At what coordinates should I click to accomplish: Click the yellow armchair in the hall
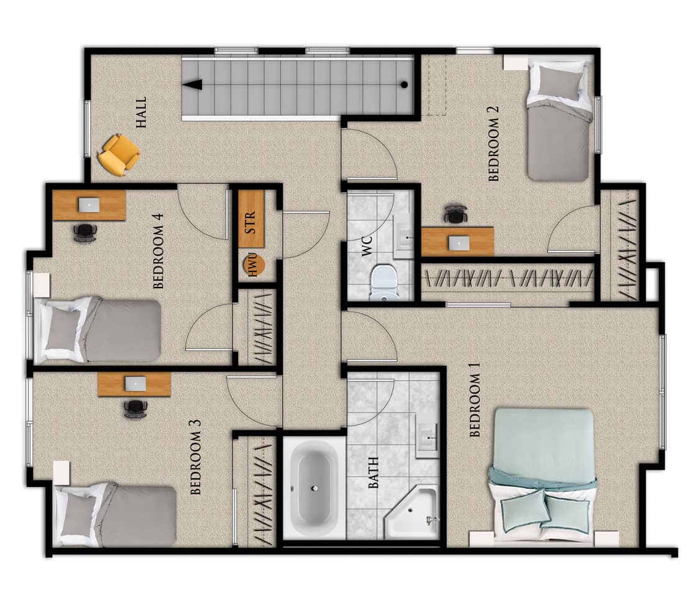click(x=119, y=154)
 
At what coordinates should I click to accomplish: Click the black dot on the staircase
click(x=404, y=84)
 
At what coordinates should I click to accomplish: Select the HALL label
click(x=142, y=112)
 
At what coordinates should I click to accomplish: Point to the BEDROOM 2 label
click(x=493, y=144)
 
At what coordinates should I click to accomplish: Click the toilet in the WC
click(x=384, y=283)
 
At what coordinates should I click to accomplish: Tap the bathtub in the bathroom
click(x=314, y=487)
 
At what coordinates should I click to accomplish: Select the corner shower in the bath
click(x=413, y=512)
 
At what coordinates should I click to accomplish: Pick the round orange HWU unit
click(x=254, y=265)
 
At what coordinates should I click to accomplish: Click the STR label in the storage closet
click(x=250, y=222)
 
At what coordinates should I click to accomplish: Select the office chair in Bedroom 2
click(x=456, y=213)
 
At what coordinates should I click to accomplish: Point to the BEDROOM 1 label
click(x=475, y=404)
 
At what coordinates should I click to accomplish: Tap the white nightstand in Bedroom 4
click(x=42, y=285)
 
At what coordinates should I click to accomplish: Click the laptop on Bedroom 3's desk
click(x=135, y=383)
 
